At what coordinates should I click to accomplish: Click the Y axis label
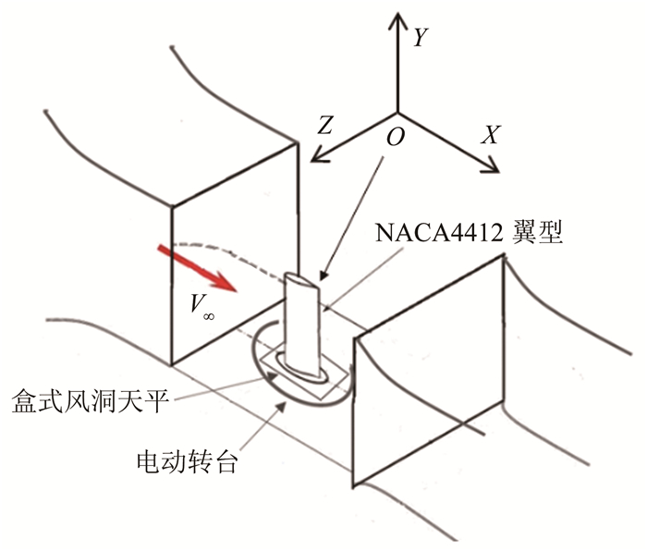[x=420, y=37]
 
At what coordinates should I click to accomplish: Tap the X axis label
[x=491, y=135]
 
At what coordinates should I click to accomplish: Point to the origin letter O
[x=395, y=137]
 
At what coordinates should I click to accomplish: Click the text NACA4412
[x=433, y=232]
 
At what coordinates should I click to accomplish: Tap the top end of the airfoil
[x=298, y=277]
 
